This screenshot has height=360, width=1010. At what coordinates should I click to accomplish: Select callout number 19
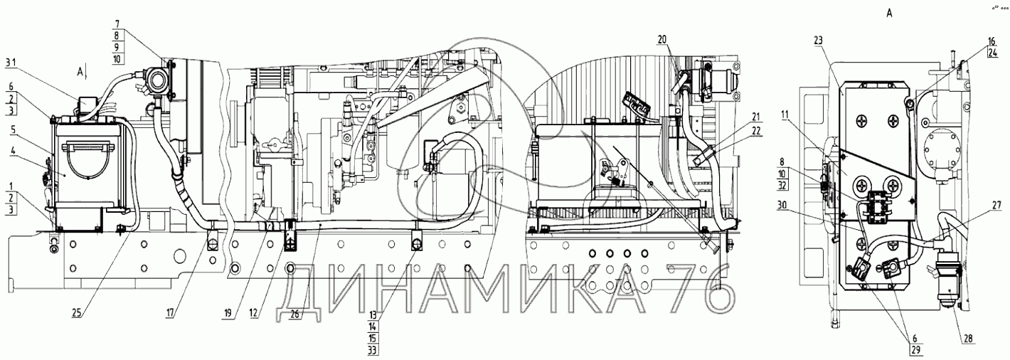coord(229,313)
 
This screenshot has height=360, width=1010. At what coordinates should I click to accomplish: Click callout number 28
coord(967,339)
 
